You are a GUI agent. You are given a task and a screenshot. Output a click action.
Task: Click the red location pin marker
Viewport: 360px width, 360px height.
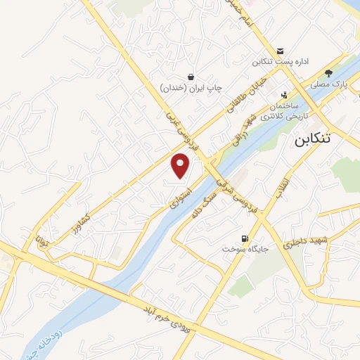click(181, 165)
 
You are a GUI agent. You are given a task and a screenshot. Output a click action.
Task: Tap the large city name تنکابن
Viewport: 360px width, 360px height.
click(310, 139)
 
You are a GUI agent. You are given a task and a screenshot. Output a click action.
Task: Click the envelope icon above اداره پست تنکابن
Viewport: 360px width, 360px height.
click(281, 51)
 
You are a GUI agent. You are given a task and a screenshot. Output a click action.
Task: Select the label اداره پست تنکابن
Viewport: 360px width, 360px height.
click(281, 63)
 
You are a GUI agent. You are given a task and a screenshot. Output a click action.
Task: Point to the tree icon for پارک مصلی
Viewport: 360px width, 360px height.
click(328, 73)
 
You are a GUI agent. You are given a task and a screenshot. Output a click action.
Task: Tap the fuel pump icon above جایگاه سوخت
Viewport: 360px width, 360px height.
click(245, 239)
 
